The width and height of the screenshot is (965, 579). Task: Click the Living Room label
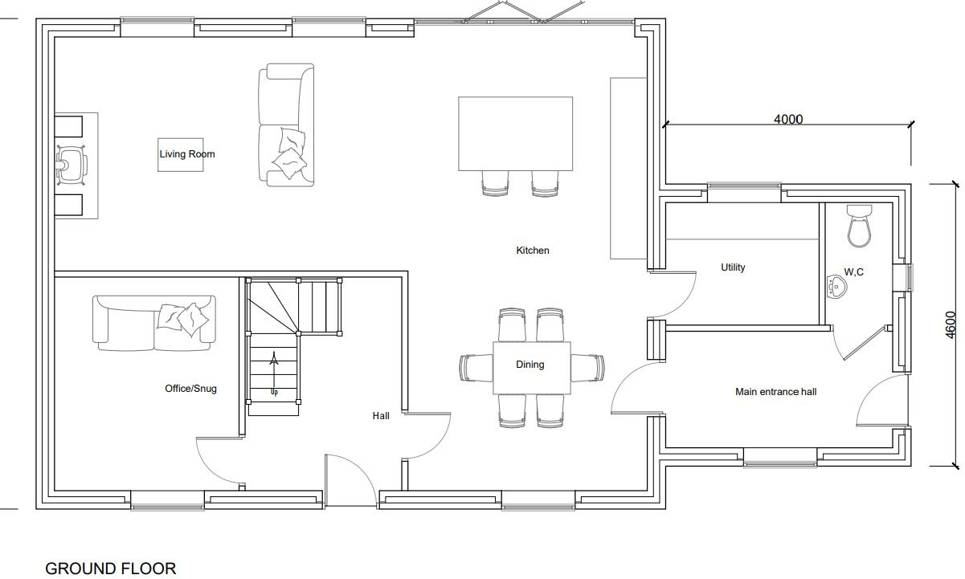[186, 154]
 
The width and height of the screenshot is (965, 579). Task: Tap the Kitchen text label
[532, 251]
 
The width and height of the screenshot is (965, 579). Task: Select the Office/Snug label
[190, 389]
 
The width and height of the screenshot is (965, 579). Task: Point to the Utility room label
[732, 267]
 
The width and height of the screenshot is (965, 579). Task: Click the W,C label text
[853, 272]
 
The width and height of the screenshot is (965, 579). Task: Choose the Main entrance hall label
[775, 392]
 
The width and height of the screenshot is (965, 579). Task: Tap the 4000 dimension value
[787, 119]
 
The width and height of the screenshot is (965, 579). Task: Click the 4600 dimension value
[951, 325]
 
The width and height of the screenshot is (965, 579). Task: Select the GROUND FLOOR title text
[110, 569]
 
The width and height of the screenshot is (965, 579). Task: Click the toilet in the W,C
[859, 225]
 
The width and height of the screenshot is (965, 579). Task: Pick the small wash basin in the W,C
[836, 285]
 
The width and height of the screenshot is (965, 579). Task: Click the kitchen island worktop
[515, 133]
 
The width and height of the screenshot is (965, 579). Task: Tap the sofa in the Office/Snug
[154, 322]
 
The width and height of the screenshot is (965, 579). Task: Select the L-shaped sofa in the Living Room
[285, 126]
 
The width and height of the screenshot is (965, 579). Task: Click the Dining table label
[530, 365]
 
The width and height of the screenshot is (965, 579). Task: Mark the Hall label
[381, 416]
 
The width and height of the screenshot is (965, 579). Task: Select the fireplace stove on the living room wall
[71, 165]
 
